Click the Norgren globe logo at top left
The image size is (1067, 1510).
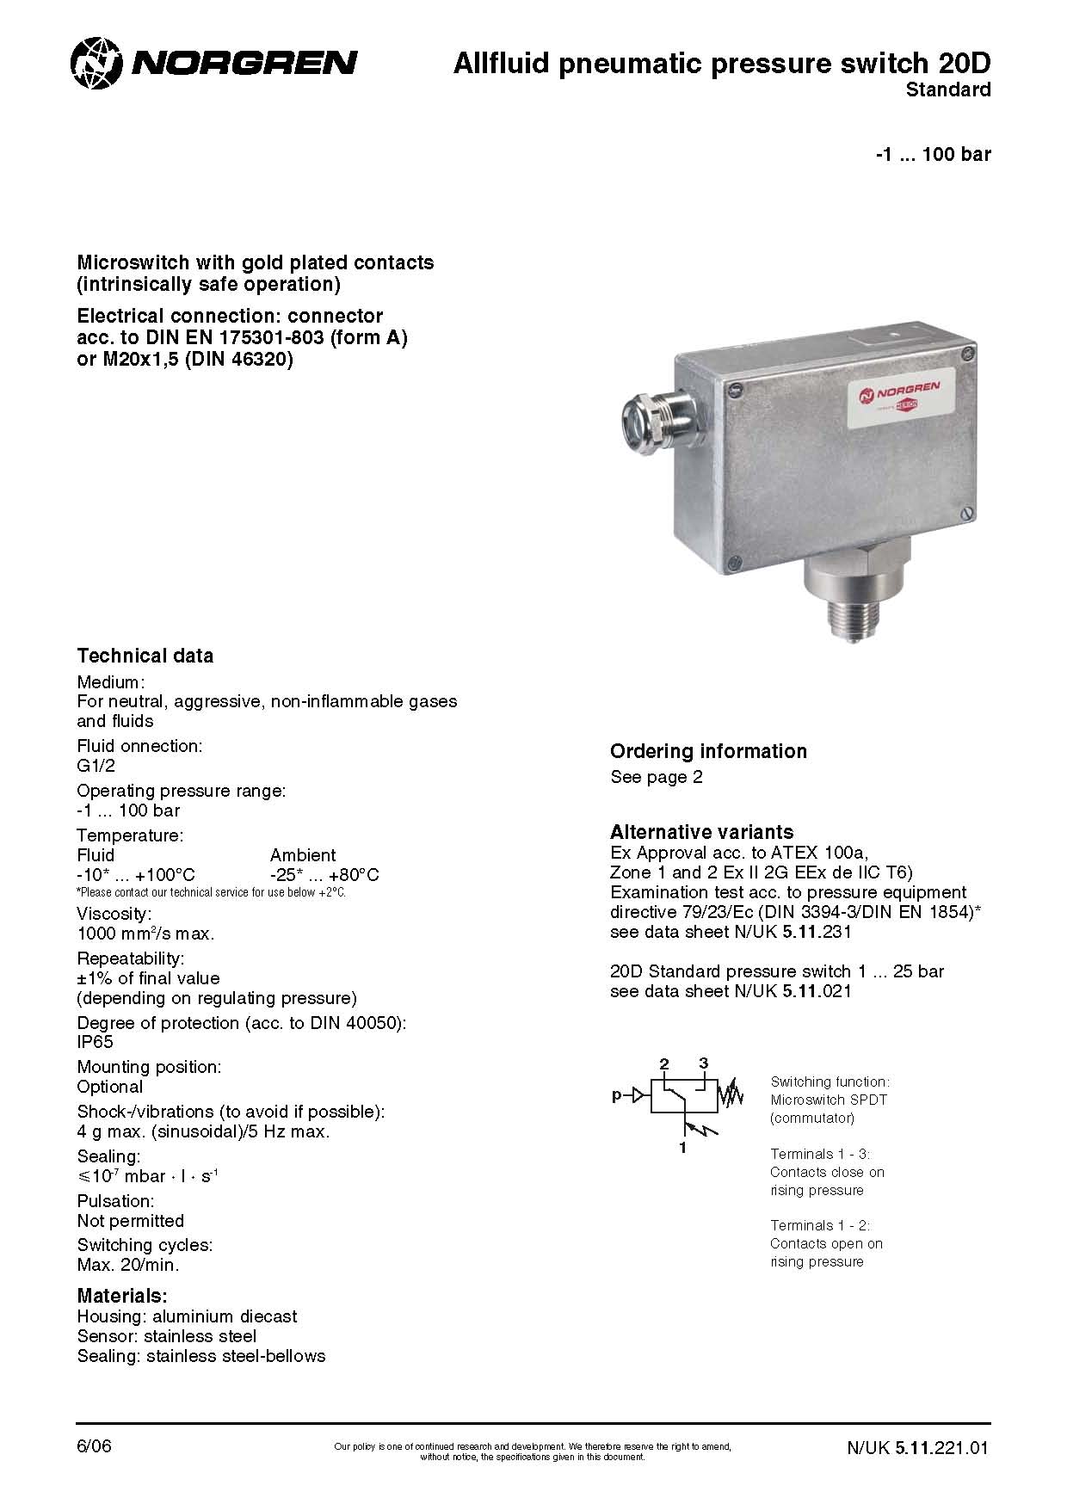[x=97, y=62]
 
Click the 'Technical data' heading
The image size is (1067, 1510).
[x=145, y=656]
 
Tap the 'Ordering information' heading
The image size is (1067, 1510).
[x=708, y=751]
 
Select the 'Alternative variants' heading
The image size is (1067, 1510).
[x=701, y=832]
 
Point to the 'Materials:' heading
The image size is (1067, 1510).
[x=121, y=1296]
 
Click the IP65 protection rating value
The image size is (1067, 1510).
[x=95, y=1042]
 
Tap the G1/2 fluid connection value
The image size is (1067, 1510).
[x=96, y=766]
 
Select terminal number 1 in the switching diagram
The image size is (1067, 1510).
[x=683, y=1148]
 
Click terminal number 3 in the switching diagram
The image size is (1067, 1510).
[x=703, y=1063]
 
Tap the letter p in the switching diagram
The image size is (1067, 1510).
[x=616, y=1096]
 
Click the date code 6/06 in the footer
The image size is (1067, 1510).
[x=94, y=1446]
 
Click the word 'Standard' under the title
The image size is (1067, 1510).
[x=948, y=89]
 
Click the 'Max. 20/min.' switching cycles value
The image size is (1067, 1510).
[x=128, y=1265]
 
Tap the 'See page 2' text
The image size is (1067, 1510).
[x=656, y=777]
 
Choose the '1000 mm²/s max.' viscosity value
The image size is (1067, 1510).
[x=145, y=934]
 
